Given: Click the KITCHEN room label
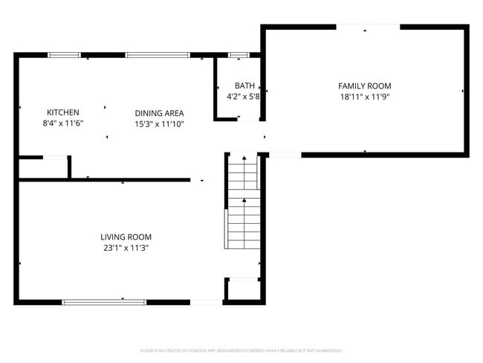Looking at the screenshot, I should [62, 112].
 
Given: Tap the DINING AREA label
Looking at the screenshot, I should [159, 113].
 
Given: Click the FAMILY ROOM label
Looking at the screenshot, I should [364, 86].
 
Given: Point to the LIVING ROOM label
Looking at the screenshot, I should [126, 237].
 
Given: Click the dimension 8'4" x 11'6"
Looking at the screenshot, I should [62, 123].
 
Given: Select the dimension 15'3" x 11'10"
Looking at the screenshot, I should [159, 123].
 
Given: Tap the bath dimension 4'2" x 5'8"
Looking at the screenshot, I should [243, 96].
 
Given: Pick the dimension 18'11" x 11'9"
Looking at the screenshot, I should [364, 97].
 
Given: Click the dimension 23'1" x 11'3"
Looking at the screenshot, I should [126, 248].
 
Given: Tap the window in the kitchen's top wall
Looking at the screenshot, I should [65, 55].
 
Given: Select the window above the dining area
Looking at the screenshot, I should [157, 55].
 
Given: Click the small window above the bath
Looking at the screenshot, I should [239, 55].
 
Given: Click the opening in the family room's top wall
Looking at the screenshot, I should [369, 28].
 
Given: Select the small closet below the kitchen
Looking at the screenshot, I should [43, 168].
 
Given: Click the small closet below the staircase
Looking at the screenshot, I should [243, 290].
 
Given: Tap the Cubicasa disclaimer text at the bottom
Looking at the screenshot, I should [241, 350].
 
